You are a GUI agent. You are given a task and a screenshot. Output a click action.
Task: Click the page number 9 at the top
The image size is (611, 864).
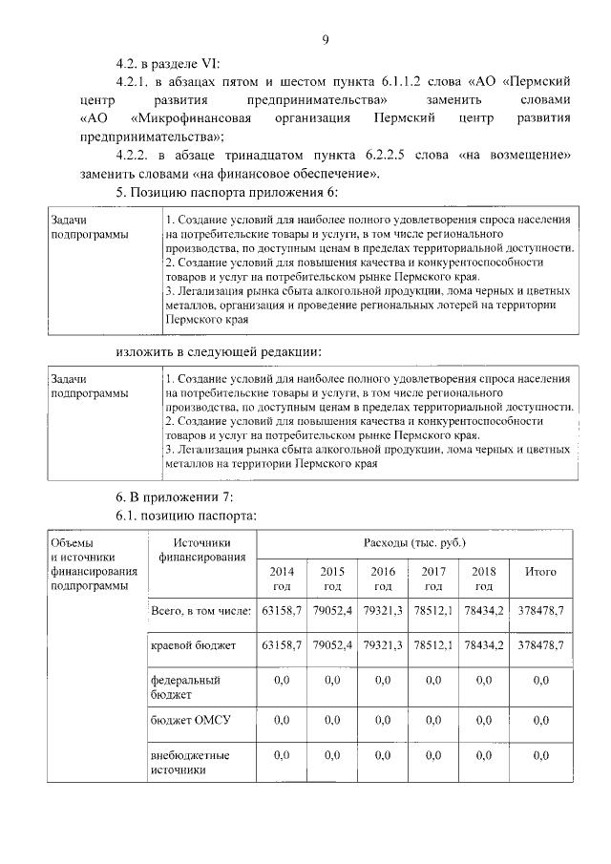coord(326,39)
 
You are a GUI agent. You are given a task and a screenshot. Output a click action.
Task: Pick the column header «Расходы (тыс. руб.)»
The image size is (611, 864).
coord(413,543)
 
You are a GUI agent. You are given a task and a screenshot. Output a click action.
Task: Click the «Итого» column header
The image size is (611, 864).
coord(541,572)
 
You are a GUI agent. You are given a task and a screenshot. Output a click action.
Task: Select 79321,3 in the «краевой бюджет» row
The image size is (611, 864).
coord(383,646)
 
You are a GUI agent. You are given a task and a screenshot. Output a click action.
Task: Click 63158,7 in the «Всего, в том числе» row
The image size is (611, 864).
coord(282,609)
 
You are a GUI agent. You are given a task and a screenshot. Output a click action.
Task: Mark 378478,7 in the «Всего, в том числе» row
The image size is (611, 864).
coord(541,609)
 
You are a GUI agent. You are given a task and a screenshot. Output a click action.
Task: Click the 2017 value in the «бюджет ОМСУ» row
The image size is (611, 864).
coord(433,721)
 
